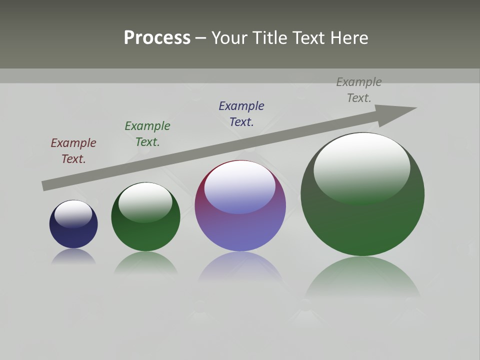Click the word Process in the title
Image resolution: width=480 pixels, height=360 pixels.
click(157, 38)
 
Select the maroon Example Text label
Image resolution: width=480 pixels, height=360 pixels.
click(73, 151)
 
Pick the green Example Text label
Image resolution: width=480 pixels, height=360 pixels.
click(147, 134)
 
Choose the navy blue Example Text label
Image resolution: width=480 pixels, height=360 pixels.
click(241, 114)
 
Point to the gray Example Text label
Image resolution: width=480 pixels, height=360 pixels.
click(359, 90)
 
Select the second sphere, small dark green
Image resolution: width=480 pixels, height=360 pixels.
click(145, 235)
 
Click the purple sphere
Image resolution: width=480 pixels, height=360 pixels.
click(240, 230)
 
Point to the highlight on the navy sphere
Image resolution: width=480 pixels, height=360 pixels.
click(73, 213)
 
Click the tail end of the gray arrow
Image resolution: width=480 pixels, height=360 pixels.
click(46, 185)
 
